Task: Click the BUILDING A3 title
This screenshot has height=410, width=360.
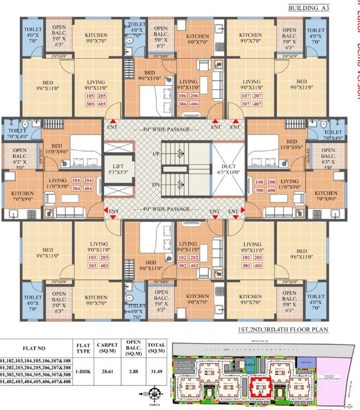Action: pos(307,8)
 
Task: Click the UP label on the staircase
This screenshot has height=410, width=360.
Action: pos(171,154)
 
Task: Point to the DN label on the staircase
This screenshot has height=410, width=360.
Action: pos(171,184)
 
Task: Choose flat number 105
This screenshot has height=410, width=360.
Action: pos(89,96)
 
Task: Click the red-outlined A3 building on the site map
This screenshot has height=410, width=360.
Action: pos(261,386)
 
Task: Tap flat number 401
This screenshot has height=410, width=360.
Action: pos(247,265)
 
